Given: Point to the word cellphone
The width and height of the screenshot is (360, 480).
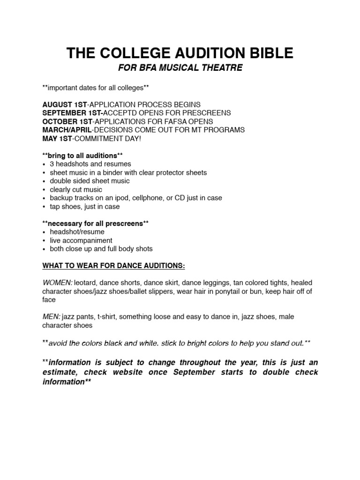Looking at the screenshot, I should tap(148, 198).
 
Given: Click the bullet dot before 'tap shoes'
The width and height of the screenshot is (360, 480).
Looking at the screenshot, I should tap(44, 207).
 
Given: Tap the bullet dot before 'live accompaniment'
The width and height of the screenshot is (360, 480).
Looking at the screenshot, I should tap(44, 240).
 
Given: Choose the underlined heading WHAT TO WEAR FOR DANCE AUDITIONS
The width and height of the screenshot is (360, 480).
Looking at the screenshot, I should tap(114, 266).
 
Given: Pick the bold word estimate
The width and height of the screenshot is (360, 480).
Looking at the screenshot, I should tap(61, 372).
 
